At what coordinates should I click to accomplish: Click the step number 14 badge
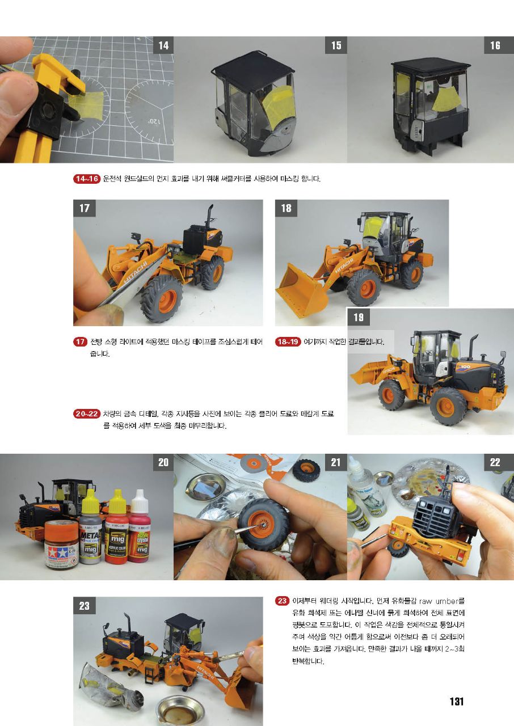163,45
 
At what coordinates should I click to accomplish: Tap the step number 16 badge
495,45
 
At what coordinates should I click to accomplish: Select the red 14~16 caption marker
87,179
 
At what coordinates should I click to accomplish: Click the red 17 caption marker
80,341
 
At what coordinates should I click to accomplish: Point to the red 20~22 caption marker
87,413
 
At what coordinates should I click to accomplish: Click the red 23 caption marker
282,601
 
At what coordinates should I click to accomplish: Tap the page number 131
456,702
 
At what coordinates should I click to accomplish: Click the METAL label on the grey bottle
90,534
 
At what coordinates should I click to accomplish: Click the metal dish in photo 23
180,711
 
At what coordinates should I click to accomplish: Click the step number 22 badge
495,462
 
